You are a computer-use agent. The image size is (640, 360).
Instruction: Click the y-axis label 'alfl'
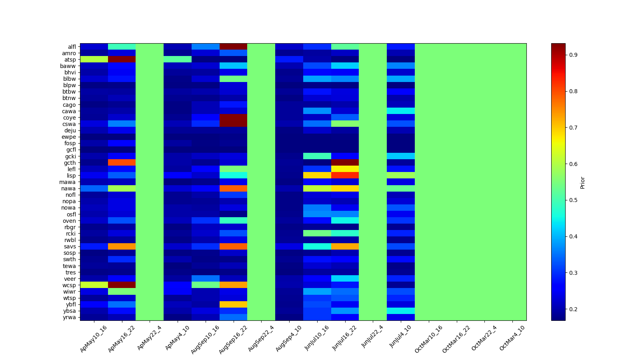[x=72, y=47]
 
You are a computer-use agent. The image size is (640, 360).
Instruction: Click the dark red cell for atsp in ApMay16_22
[x=122, y=60]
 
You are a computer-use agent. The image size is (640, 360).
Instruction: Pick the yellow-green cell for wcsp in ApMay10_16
[x=94, y=285]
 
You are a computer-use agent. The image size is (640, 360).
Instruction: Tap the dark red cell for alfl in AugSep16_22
[x=233, y=47]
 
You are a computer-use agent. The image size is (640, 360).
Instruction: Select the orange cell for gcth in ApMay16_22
[x=122, y=163]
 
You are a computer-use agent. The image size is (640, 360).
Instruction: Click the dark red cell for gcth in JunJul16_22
[x=345, y=163]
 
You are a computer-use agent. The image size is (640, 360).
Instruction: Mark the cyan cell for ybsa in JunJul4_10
[x=400, y=311]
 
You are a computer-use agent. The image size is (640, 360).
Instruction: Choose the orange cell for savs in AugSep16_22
[x=233, y=246]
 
